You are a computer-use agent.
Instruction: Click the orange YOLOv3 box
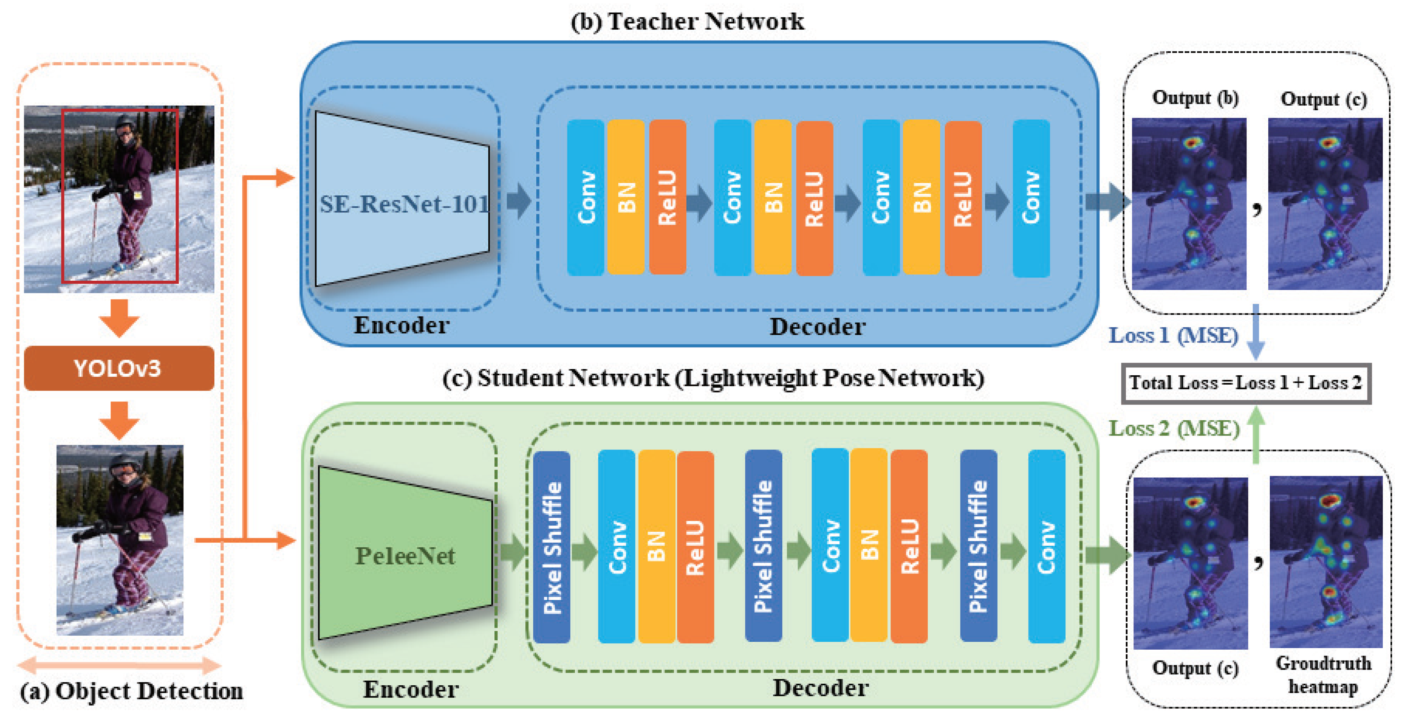point(119,368)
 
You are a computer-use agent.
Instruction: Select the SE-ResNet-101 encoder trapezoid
point(402,199)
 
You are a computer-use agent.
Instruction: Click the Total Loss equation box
point(1246,383)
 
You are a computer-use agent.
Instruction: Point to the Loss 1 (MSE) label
point(1174,335)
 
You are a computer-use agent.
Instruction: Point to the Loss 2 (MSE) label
point(1174,428)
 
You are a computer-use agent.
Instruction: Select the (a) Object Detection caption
point(131,691)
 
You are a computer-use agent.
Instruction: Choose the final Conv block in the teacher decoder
point(1031,198)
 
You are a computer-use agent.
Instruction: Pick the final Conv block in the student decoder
point(1046,546)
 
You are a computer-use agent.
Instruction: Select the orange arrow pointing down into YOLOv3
point(119,318)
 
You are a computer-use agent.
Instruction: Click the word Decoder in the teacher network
point(818,326)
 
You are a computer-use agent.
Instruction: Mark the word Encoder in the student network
point(411,689)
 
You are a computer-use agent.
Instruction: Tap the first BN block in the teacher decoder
point(626,197)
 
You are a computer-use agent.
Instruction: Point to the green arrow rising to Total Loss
point(1256,435)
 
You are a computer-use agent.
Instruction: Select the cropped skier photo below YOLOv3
point(120,540)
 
